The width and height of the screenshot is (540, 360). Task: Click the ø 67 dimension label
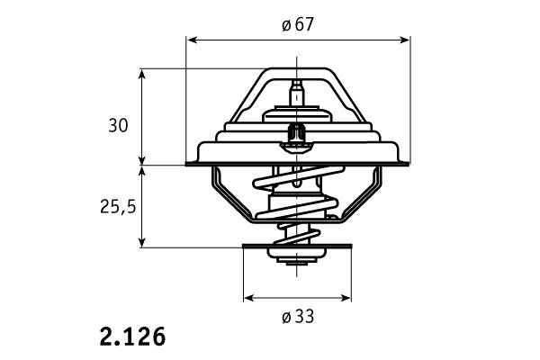click(298, 25)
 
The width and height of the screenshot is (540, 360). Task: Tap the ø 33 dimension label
click(298, 316)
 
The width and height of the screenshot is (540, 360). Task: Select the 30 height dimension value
click(118, 125)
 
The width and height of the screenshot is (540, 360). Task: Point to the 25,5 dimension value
click(118, 207)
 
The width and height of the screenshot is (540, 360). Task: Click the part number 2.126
click(132, 337)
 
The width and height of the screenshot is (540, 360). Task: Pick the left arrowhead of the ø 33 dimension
click(249, 298)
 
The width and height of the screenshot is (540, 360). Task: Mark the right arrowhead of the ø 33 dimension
click(346, 298)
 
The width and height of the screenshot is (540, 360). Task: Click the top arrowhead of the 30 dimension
click(142, 74)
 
